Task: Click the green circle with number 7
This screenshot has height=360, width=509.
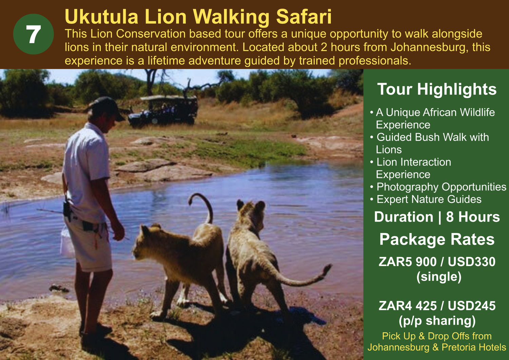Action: tap(33, 34)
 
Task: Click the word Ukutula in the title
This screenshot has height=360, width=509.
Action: tap(101, 17)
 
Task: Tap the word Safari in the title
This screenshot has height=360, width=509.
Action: tap(304, 17)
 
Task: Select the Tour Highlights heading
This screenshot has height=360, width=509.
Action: tap(437, 89)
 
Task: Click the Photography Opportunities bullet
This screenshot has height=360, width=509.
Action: tap(438, 187)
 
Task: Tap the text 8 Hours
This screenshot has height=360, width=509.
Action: tap(473, 217)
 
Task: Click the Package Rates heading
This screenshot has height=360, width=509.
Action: tap(437, 240)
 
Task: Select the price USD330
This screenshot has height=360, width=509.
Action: tap(472, 262)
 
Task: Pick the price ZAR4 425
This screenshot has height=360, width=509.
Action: tap(408, 306)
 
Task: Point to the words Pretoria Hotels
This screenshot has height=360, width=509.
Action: tap(474, 347)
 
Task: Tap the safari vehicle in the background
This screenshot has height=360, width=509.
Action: tap(163, 111)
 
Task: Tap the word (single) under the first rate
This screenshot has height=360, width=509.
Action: tap(439, 277)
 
